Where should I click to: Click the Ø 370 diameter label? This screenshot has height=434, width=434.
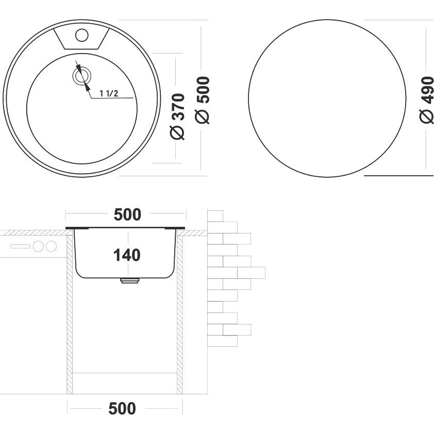tap(177, 116)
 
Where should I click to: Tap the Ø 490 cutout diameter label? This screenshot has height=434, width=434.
tap(427, 99)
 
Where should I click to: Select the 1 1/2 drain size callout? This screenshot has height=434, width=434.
tap(109, 93)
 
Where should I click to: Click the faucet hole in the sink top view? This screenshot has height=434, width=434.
tap(81, 36)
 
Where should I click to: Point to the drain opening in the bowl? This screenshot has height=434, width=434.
tap(82, 76)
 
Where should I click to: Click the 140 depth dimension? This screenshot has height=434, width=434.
tap(127, 255)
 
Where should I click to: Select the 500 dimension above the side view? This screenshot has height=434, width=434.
tap(128, 214)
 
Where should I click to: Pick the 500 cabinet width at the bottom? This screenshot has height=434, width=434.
tap(122, 408)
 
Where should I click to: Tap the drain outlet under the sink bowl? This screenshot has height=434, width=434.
tap(129, 281)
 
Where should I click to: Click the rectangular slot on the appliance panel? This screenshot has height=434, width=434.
tap(20, 246)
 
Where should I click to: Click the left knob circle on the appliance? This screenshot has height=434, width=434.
tap(38, 246)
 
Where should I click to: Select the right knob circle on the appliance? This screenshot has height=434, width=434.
tap(51, 246)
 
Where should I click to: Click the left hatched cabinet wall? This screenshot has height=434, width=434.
tap(70, 314)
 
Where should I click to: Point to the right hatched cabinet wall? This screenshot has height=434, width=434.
tap(180, 314)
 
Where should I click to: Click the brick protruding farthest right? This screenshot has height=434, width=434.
tap(251, 273)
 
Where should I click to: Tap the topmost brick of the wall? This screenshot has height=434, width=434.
tap(215, 216)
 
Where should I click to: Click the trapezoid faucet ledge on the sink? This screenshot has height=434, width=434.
tap(81, 39)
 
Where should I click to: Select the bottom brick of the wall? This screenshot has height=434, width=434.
tap(222, 341)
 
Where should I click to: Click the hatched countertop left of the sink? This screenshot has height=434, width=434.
tap(33, 233)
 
